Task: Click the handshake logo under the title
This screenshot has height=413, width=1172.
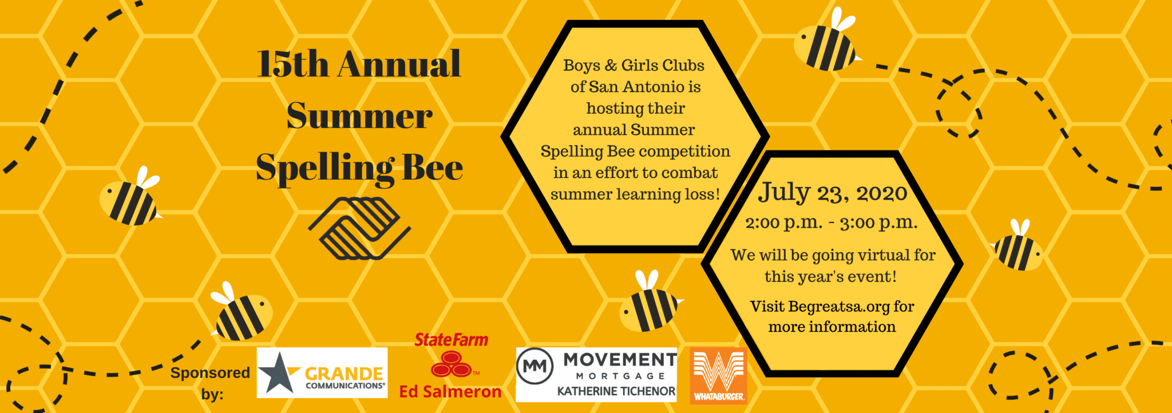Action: pyautogui.click(x=359, y=228)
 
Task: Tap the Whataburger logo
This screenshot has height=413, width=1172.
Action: pyautogui.click(x=718, y=375)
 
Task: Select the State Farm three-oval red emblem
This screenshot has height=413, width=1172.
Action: pyautogui.click(x=452, y=364)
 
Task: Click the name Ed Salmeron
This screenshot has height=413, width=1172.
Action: pyautogui.click(x=450, y=392)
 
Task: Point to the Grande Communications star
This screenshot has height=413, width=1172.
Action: pyautogui.click(x=278, y=373)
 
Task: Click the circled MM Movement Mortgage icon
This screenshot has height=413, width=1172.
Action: pyautogui.click(x=535, y=366)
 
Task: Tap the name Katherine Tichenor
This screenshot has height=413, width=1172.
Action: pyautogui.click(x=616, y=391)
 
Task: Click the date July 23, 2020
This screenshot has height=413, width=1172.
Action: pyautogui.click(x=833, y=193)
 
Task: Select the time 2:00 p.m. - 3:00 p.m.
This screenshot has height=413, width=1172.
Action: pyautogui.click(x=831, y=223)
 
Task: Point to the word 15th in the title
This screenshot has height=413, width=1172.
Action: pyautogui.click(x=293, y=63)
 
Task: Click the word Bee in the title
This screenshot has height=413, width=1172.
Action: pyautogui.click(x=433, y=168)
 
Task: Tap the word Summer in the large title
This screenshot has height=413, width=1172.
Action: pyautogui.click(x=359, y=116)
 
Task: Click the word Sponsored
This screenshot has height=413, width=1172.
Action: pyautogui.click(x=210, y=373)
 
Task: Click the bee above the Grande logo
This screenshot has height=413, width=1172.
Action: pyautogui.click(x=241, y=312)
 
